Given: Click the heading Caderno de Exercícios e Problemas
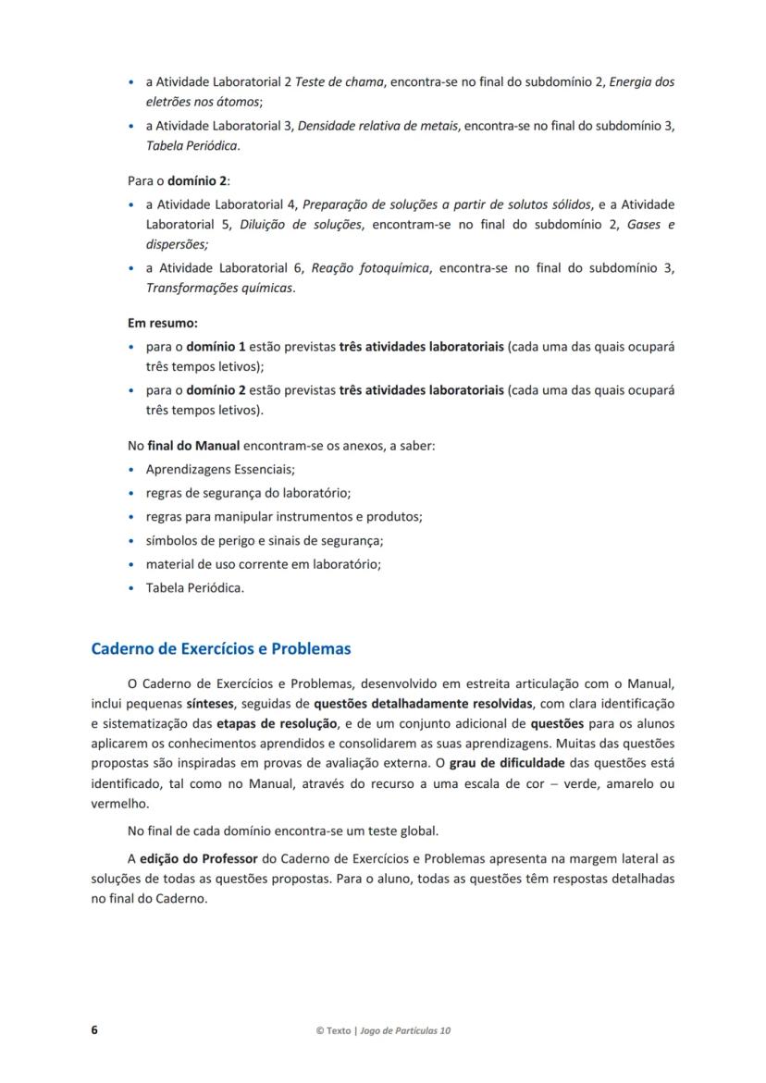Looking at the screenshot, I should [220, 648].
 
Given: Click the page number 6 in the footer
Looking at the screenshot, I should [94, 1030].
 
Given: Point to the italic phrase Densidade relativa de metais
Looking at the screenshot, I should [379, 126].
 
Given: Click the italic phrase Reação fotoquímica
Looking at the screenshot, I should [370, 268].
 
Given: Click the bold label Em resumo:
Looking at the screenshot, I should [163, 324].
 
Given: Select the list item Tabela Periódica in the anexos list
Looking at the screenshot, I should [194, 587].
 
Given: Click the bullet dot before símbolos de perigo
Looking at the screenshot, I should [132, 541].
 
